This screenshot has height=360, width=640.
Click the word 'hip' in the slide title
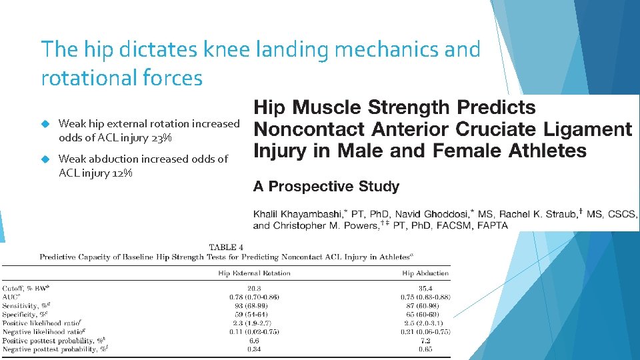point(95,49)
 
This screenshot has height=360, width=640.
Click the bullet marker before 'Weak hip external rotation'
point(46,123)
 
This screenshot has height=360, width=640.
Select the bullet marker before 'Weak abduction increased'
point(46,159)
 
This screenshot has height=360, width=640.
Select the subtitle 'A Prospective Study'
point(326,187)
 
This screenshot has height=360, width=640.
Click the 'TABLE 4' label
point(227,247)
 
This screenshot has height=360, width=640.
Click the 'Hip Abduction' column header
point(425,273)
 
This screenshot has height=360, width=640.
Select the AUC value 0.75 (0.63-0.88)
point(425,297)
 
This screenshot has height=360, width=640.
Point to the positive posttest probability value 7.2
point(425,340)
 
